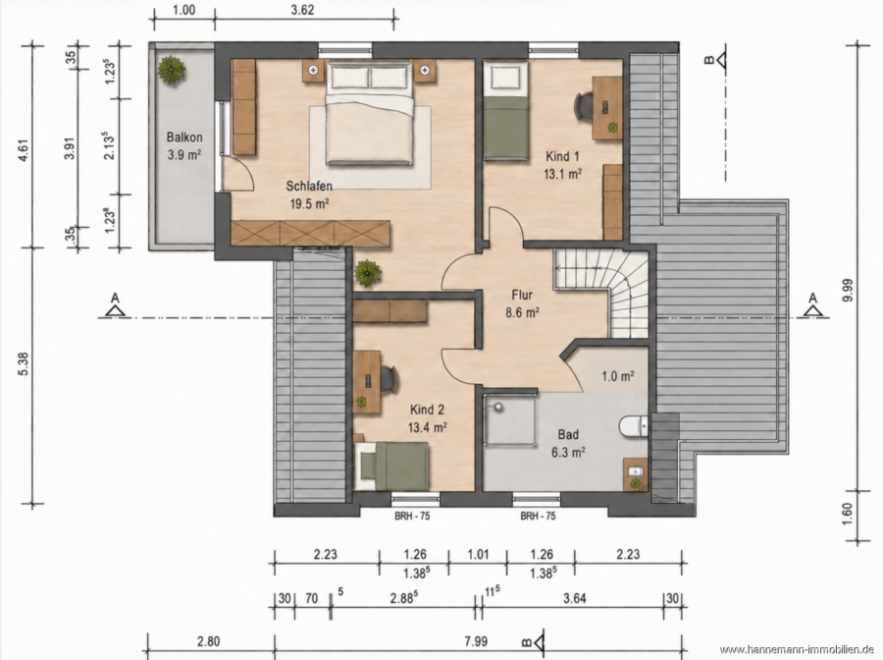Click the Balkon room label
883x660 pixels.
click(184, 137)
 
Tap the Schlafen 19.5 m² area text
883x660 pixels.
click(309, 203)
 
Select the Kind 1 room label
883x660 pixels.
click(562, 156)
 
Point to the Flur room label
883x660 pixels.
click(522, 295)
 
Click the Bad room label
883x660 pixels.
click(568, 434)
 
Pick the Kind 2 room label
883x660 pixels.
click(428, 410)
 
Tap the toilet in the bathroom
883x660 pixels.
click(634, 426)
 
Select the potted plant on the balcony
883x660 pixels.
click(171, 70)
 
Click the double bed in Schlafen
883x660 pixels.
click(370, 113)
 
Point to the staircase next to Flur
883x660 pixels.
click(602, 293)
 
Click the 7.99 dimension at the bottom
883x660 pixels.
click(476, 641)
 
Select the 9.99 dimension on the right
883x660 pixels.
click(848, 290)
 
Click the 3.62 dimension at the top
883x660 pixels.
click(302, 10)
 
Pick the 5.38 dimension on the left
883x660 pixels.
click(24, 364)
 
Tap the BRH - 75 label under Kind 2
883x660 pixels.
click(412, 516)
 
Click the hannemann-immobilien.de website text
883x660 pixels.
click(797, 650)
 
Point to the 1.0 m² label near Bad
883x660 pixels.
click(618, 376)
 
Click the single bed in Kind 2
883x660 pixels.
click(391, 466)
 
